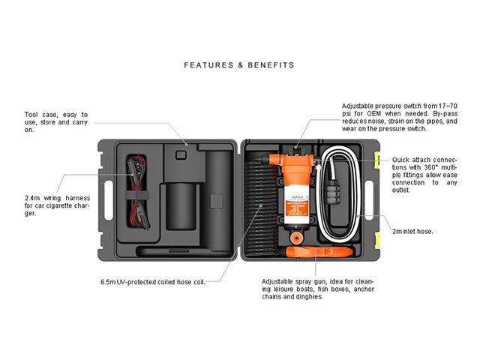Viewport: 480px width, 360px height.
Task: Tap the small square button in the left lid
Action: pos(181,154)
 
